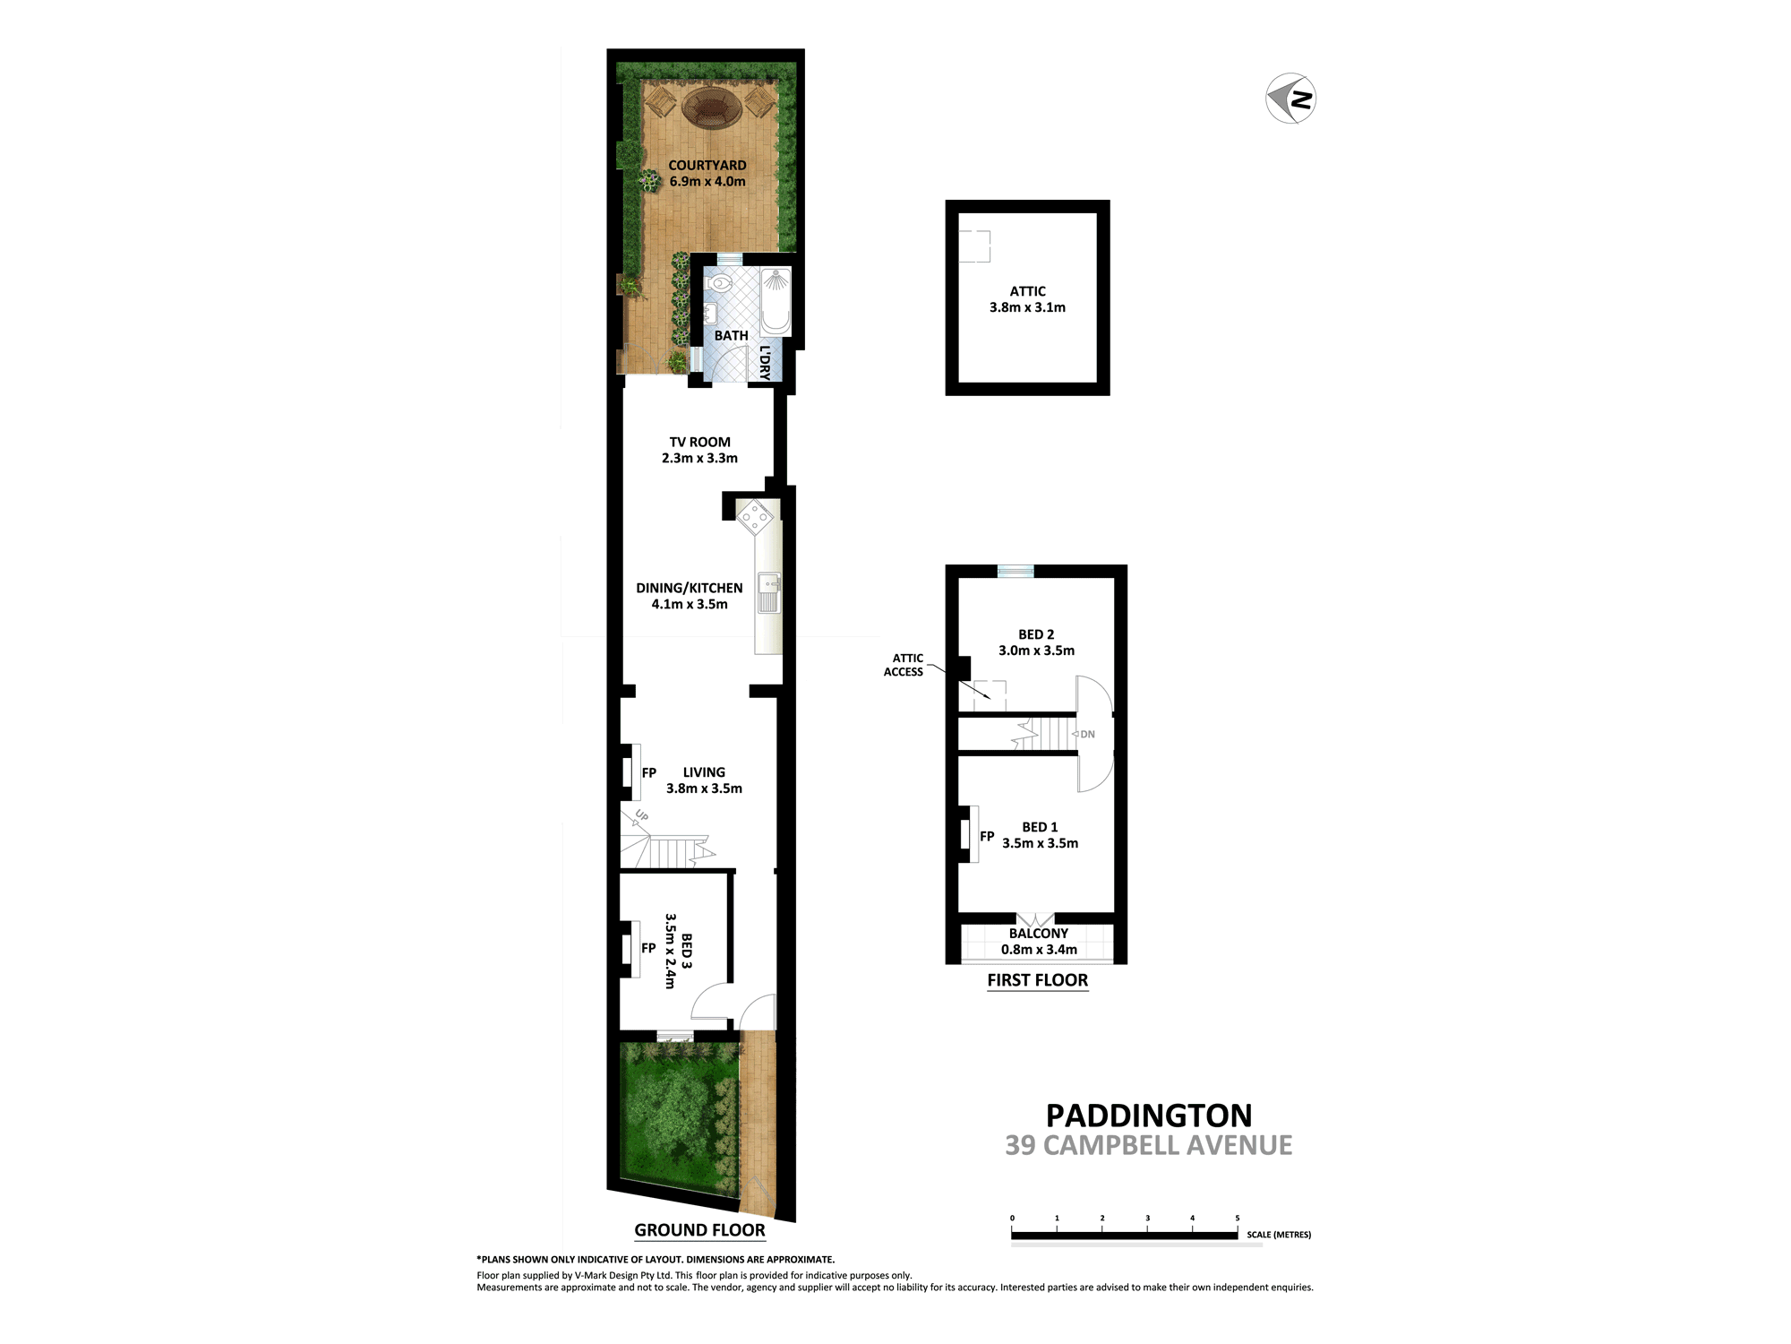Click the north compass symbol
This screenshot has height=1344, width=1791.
point(1290,99)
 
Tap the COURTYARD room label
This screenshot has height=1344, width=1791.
point(707,165)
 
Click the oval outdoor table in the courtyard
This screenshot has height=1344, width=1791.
point(712,108)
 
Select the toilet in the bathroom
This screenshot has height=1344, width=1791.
point(719,284)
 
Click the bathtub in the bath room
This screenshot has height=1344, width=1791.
point(776,301)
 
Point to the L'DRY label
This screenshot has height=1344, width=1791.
point(764,363)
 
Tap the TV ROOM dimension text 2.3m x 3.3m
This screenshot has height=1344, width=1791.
point(699,458)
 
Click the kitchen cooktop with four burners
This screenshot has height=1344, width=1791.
point(755,517)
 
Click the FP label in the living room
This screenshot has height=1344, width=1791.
point(649,772)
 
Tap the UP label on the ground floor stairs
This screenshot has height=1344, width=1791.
point(641,815)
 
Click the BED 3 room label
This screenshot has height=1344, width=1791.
point(686,952)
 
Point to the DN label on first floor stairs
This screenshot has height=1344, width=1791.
point(1087,734)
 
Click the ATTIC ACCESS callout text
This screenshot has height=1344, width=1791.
point(904,665)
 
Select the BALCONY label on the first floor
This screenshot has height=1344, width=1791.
point(1038,934)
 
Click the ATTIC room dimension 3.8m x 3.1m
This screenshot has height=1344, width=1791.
point(1027,307)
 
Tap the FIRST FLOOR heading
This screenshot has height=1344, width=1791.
point(1037,980)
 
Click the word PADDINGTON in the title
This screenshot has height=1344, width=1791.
point(1149,1116)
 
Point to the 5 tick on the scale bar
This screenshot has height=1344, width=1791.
point(1238,1219)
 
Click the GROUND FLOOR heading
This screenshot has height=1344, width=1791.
point(699,1230)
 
